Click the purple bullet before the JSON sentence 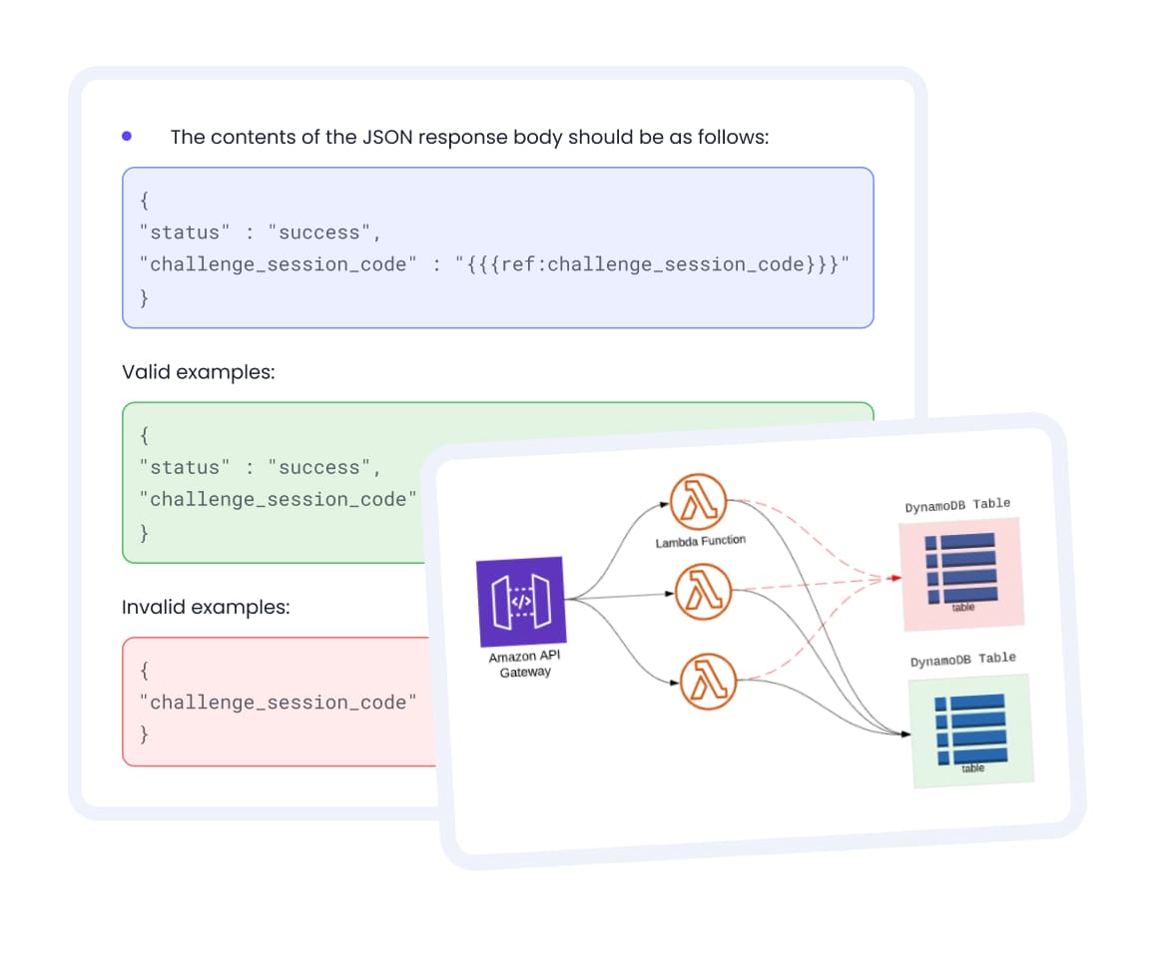(x=127, y=136)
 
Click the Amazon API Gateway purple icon (x=522, y=601)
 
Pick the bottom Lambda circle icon (x=708, y=684)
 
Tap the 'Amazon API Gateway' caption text (x=524, y=665)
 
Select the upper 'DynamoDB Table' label (x=957, y=505)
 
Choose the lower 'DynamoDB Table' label (x=962, y=660)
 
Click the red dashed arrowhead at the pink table (x=895, y=578)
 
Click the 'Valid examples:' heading (x=198, y=372)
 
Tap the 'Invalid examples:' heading (x=206, y=607)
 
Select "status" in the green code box (x=185, y=467)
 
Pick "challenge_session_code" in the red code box (x=279, y=703)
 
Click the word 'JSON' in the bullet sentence (x=385, y=137)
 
